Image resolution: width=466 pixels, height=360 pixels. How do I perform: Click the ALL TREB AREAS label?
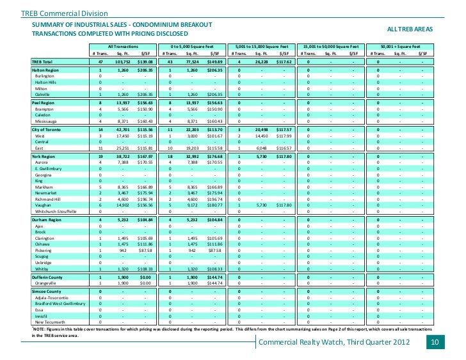coord(410,29)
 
